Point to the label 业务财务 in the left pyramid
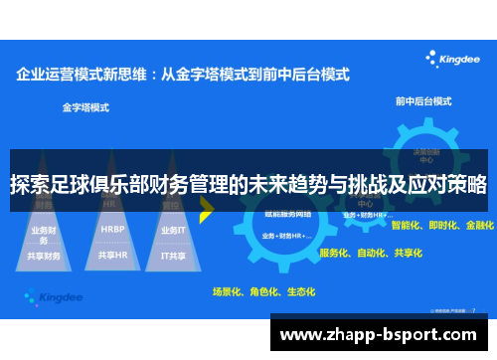coord(45,233)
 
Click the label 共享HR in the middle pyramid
coord(112,255)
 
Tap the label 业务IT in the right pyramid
coord(173,229)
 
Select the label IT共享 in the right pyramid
coord(174,255)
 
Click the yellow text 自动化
coord(373,253)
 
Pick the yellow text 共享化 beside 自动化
coord(407,253)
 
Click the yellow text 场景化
coord(229,292)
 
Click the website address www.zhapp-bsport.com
coord(382,332)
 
